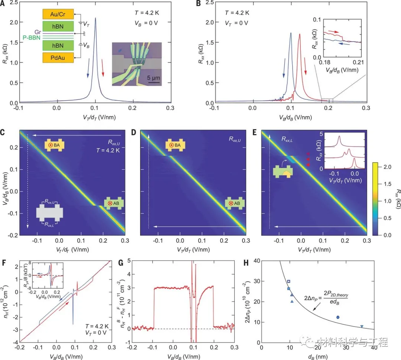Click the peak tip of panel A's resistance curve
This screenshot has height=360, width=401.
[x=95, y=18]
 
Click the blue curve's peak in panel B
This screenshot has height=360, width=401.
[x=291, y=33]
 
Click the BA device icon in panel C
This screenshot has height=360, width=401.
[x=52, y=145]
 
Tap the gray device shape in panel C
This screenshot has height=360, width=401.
[x=50, y=213]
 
